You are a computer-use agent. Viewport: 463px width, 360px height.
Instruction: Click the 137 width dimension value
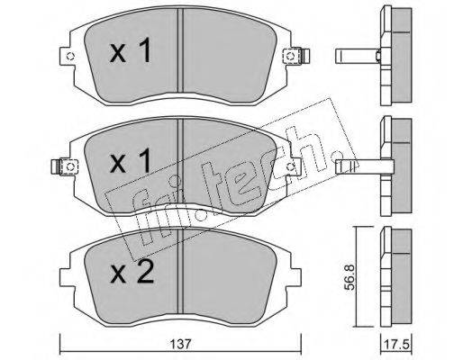[x=181, y=345]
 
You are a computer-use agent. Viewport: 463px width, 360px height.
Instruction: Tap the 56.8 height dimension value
[x=350, y=277]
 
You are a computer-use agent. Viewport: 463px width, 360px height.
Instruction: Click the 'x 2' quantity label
[x=132, y=272]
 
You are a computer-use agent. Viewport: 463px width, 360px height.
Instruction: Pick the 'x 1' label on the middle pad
[x=130, y=161]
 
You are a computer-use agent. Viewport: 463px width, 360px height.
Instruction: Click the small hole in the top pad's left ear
[x=70, y=56]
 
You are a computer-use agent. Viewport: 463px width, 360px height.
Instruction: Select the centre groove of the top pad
[x=180, y=50]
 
